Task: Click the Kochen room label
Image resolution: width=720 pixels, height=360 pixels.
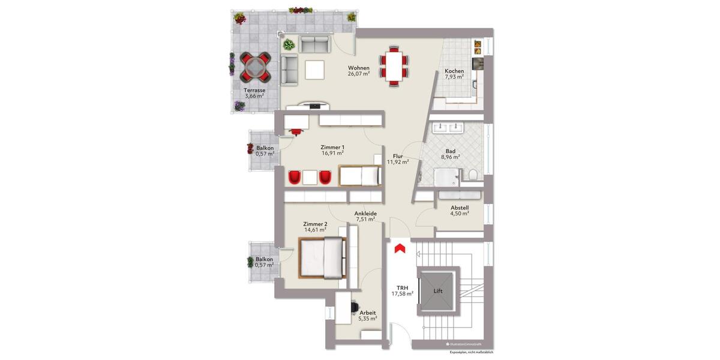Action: click(454, 74)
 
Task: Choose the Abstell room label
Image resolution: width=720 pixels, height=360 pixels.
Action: click(460, 209)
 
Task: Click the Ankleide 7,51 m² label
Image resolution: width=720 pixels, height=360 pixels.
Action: click(365, 216)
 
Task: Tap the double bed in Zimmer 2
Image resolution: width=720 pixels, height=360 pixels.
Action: click(322, 258)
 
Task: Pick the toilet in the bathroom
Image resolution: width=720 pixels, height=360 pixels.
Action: click(473, 175)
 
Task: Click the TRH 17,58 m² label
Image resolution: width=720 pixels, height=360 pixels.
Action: click(403, 291)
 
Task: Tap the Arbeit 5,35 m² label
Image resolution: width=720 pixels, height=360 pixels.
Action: click(368, 316)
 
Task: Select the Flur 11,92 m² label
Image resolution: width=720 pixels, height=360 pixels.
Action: click(398, 159)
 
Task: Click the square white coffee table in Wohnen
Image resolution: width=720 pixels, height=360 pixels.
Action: click(314, 70)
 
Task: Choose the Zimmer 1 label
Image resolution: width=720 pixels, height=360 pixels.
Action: click(333, 150)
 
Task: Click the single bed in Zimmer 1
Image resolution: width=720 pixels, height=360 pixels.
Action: click(361, 176)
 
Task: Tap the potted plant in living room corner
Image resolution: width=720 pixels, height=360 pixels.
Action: click(289, 44)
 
